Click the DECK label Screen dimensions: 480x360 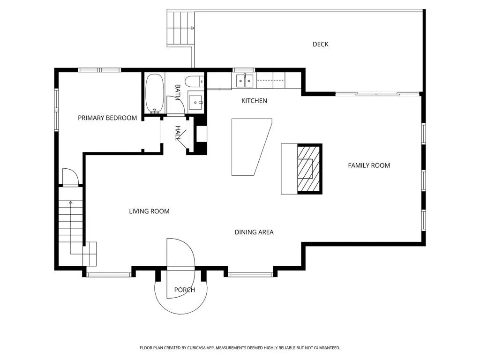(320, 45)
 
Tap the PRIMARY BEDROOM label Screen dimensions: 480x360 (107, 118)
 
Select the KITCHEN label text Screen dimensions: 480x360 (254, 101)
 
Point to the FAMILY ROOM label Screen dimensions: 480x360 (369, 165)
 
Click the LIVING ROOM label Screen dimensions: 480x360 (149, 211)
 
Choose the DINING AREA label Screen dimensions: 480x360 (254, 232)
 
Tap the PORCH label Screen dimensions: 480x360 (185, 290)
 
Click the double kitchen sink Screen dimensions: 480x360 (245, 81)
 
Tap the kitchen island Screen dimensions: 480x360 (252, 147)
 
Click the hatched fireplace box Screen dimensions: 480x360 (309, 169)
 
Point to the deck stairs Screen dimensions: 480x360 (180, 28)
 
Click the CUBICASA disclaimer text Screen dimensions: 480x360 (240, 348)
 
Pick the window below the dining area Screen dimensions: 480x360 (250, 275)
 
